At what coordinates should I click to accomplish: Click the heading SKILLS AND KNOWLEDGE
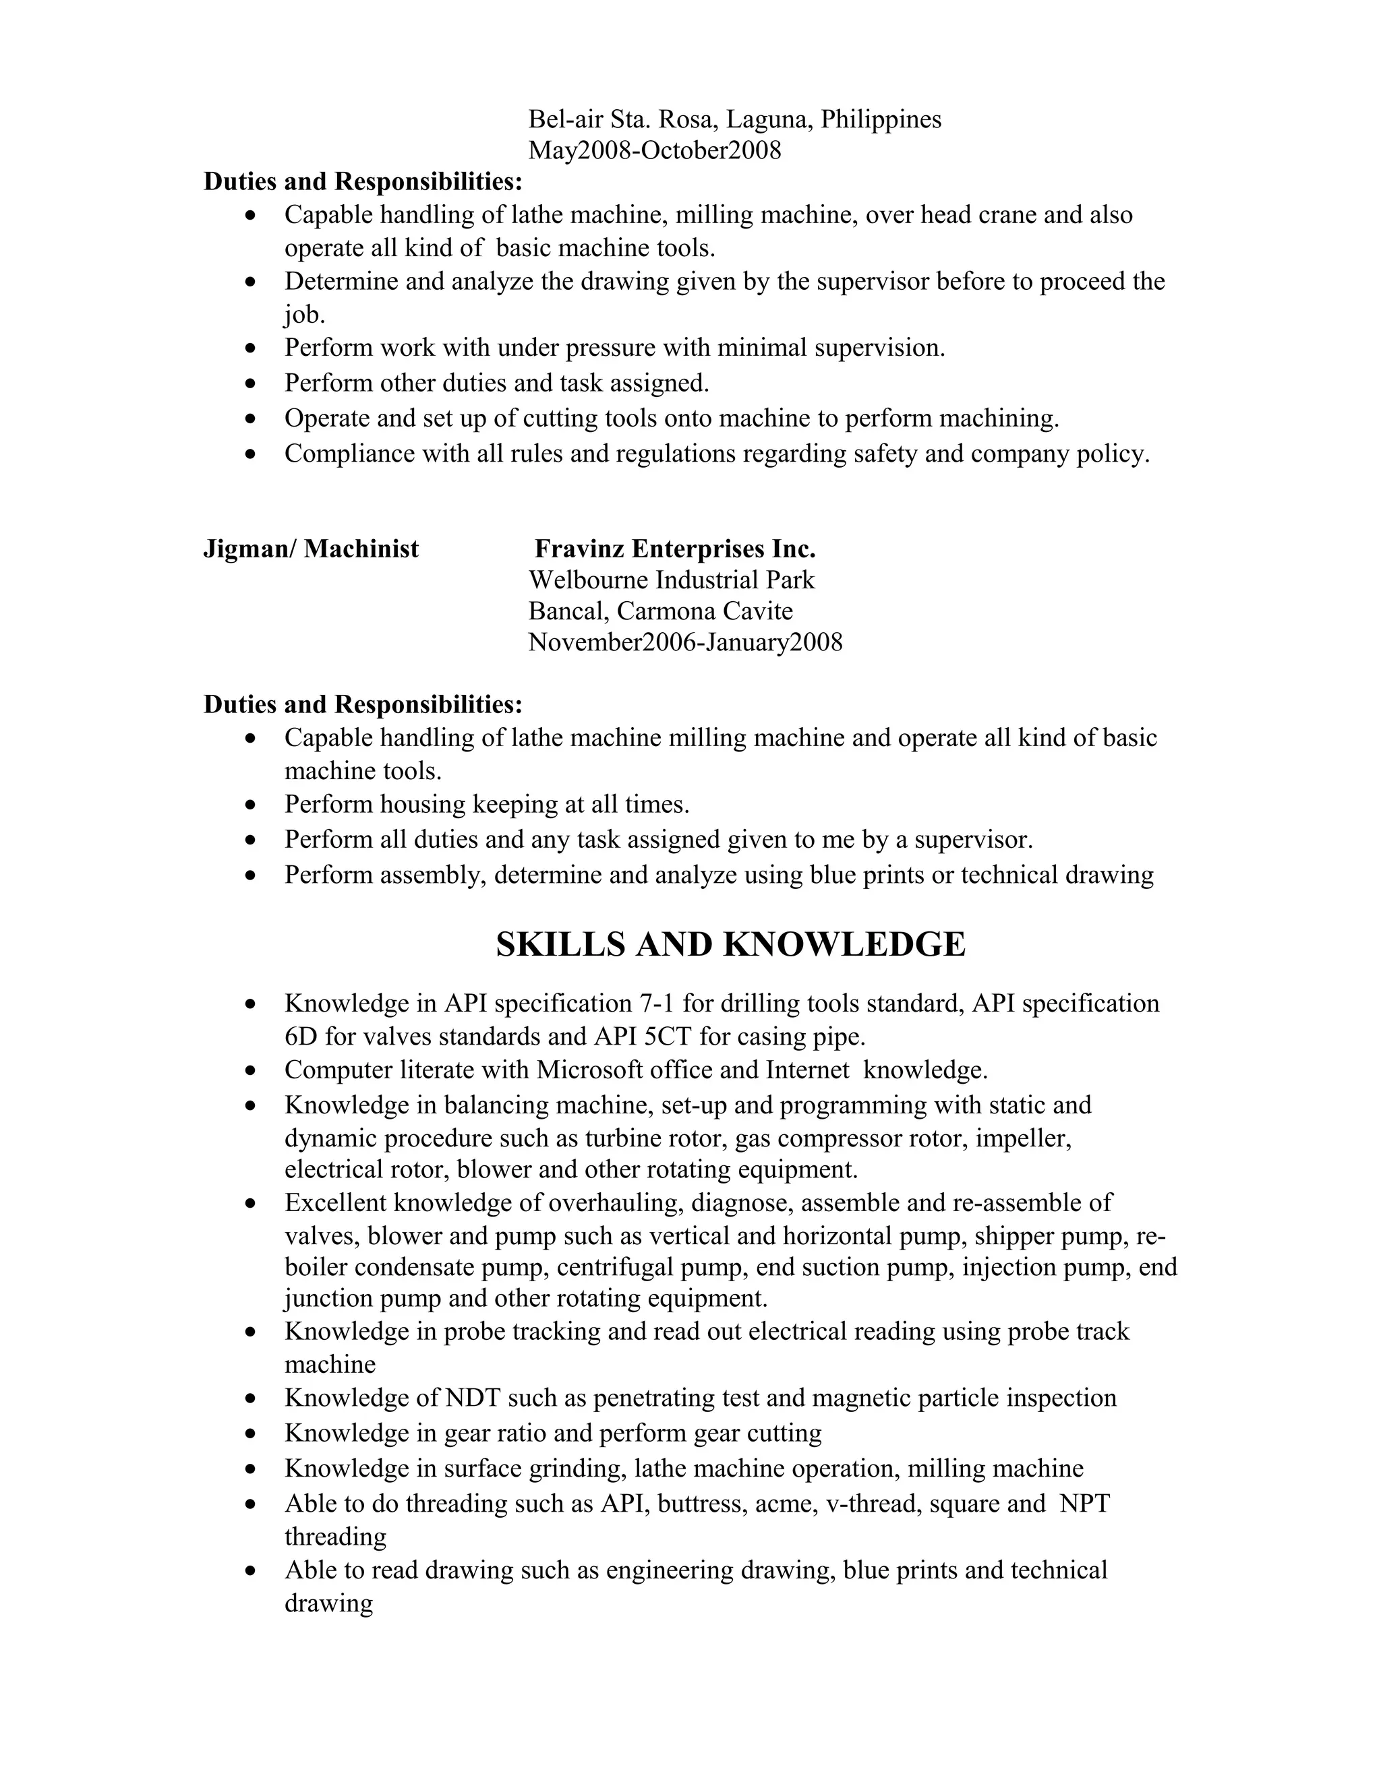pyautogui.click(x=730, y=944)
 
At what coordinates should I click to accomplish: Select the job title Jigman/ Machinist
pyautogui.click(x=310, y=549)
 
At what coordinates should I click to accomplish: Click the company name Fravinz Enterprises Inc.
pyautogui.click(x=675, y=549)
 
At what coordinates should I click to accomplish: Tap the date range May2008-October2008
pyautogui.click(x=655, y=150)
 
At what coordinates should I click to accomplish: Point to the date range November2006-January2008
pyautogui.click(x=685, y=642)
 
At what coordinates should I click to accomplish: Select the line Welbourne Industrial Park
pyautogui.click(x=671, y=580)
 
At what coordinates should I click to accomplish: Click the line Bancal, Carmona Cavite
pyautogui.click(x=660, y=611)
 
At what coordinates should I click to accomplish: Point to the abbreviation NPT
pyautogui.click(x=1084, y=1504)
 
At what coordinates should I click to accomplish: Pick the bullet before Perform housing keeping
pyautogui.click(x=251, y=805)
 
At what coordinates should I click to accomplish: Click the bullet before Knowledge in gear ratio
pyautogui.click(x=251, y=1434)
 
